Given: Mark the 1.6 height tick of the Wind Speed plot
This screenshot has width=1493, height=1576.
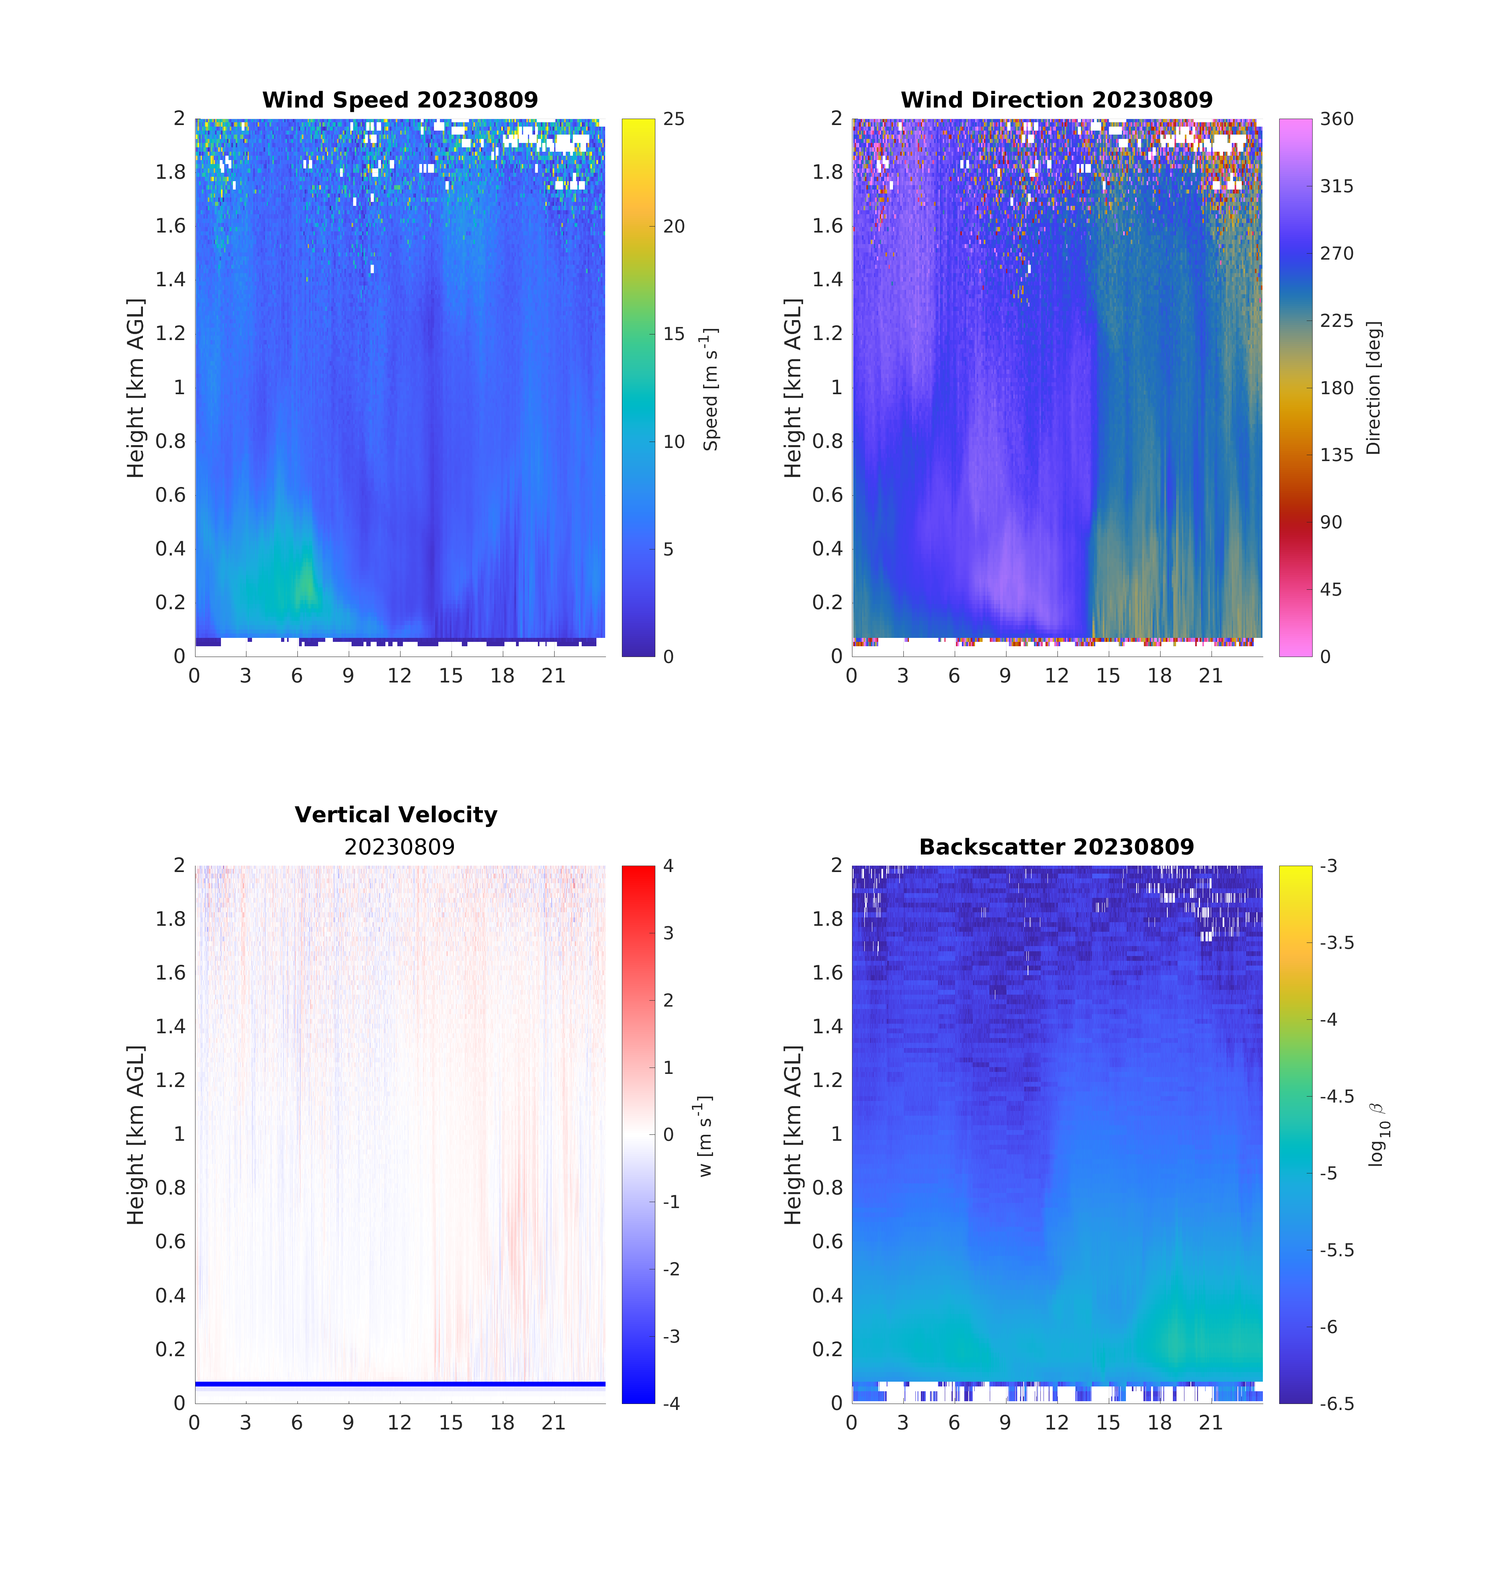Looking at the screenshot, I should point(170,226).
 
